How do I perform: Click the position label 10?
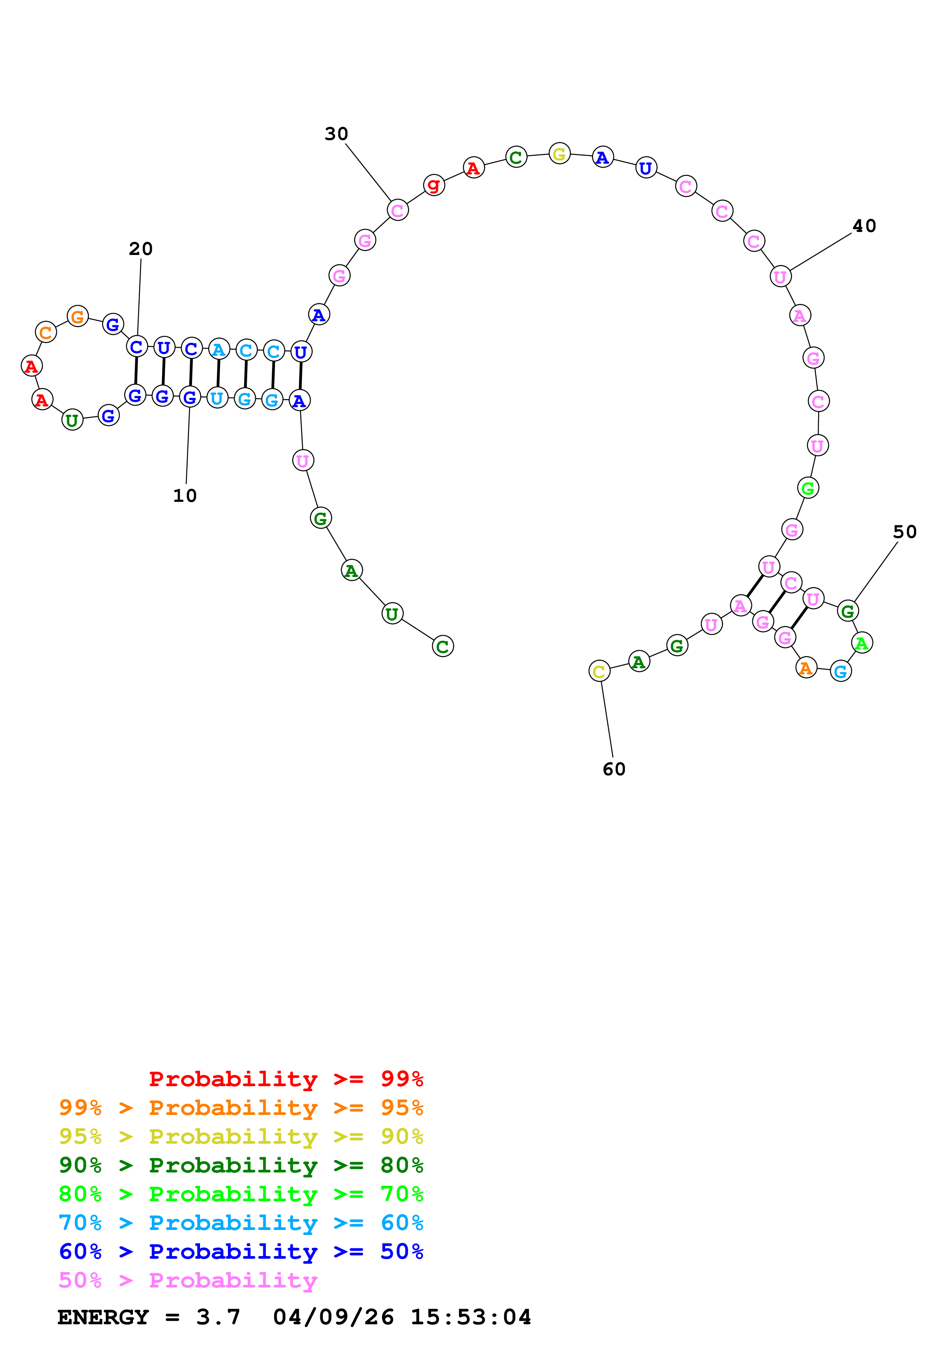(185, 496)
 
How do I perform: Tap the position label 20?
(141, 249)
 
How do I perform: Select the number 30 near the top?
(336, 134)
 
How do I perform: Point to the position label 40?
(863, 226)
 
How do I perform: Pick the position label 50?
(904, 532)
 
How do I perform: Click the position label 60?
(614, 769)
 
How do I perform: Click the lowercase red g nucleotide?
(434, 185)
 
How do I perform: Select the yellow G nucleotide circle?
(559, 154)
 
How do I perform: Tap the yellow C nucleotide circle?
(599, 671)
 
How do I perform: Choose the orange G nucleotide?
(77, 317)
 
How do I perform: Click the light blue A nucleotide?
(218, 350)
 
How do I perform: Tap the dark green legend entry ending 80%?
(241, 1165)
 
